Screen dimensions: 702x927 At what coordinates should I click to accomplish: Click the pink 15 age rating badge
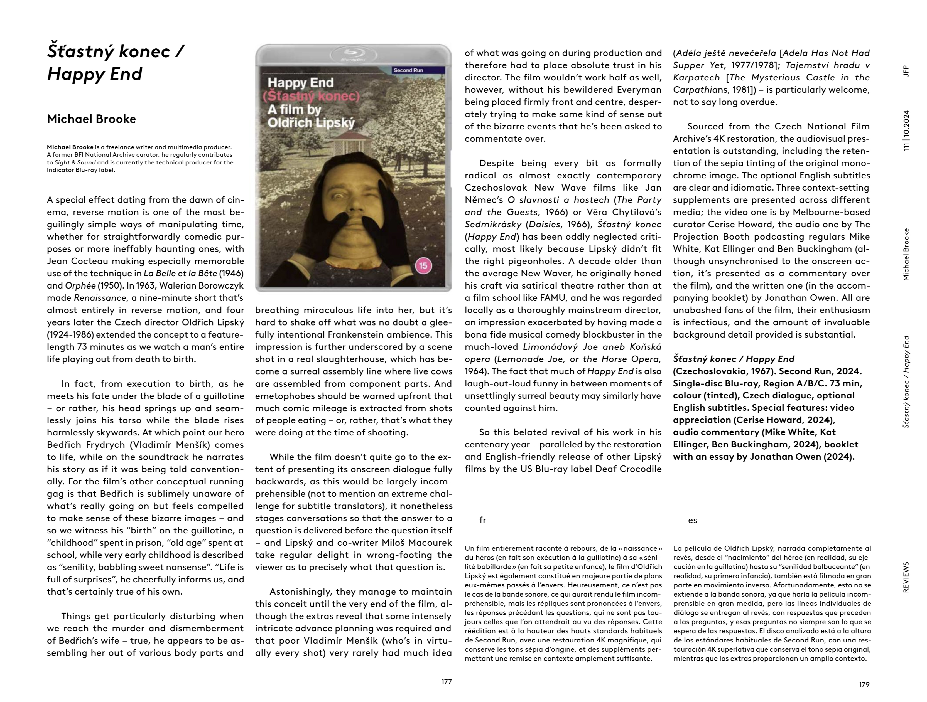coord(423,265)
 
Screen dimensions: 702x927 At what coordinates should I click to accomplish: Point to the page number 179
coord(864,684)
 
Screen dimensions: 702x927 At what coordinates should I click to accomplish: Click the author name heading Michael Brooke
coord(91,119)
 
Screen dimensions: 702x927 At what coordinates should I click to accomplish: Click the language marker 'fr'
coord(482,520)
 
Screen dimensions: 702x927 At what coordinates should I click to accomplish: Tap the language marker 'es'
coord(692,520)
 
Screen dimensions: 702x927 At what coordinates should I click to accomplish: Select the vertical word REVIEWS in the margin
coord(906,577)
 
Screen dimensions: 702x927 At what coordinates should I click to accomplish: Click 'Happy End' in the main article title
coord(95,74)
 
